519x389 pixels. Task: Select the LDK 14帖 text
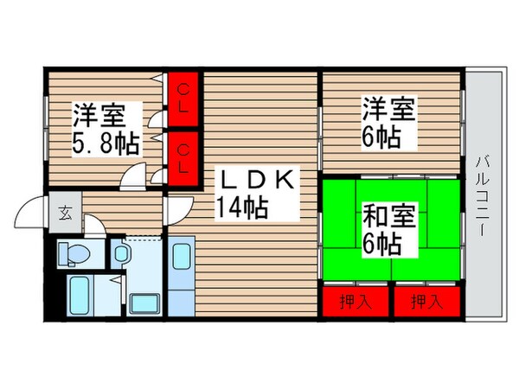click(x=256, y=194)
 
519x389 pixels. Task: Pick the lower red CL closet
click(x=185, y=158)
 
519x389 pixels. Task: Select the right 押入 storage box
click(x=425, y=302)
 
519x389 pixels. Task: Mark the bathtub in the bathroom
click(x=85, y=295)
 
